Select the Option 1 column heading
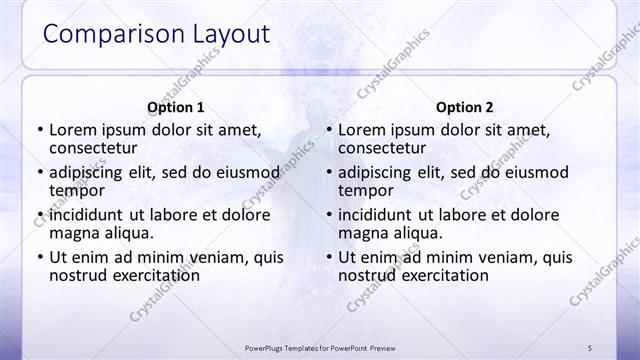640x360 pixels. (x=176, y=107)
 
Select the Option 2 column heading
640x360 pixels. (x=465, y=107)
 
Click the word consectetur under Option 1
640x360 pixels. (x=97, y=148)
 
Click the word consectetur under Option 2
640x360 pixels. (x=386, y=148)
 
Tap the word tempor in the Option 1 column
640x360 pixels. (x=76, y=190)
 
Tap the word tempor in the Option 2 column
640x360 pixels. (x=365, y=190)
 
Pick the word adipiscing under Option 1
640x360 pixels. (x=91, y=172)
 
